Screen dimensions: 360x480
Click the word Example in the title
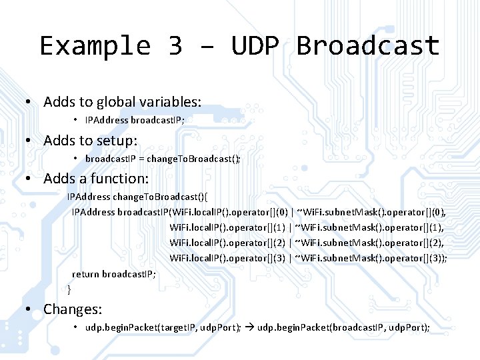point(96,47)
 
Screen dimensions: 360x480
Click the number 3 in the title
point(175,47)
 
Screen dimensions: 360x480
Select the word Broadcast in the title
point(368,47)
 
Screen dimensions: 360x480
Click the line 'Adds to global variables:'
point(122,102)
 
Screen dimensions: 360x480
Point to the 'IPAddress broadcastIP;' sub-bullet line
point(135,120)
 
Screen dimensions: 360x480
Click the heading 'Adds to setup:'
point(90,141)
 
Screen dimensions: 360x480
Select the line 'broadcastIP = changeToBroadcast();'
point(163,159)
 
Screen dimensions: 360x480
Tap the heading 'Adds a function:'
point(96,179)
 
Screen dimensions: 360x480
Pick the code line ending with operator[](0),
point(259,212)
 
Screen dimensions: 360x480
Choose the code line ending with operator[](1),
point(308,227)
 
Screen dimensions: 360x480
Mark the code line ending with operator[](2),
point(308,243)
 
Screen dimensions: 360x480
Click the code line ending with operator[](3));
point(308,258)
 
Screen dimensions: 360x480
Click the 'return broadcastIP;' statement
point(114,274)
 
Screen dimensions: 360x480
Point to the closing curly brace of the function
point(69,289)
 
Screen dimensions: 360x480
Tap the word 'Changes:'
point(73,309)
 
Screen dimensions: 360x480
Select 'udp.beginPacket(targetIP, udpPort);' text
point(163,327)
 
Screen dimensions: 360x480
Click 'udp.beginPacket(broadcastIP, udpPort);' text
point(343,327)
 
